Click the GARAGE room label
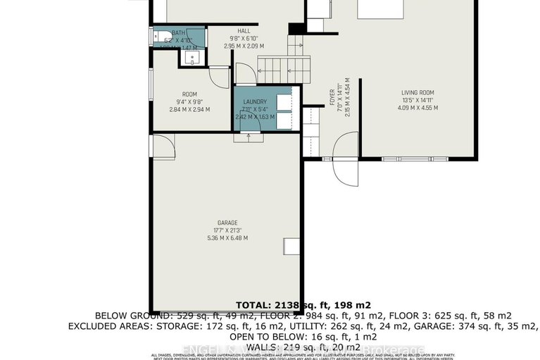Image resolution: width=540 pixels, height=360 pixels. pyautogui.click(x=227, y=222)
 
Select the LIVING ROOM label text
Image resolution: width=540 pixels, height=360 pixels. pyautogui.click(x=417, y=92)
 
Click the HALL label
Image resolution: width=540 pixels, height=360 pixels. pyautogui.click(x=244, y=31)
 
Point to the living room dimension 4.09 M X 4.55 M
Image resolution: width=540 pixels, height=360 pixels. pyautogui.click(x=417, y=108)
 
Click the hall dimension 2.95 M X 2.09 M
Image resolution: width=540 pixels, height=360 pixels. pyautogui.click(x=244, y=46)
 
